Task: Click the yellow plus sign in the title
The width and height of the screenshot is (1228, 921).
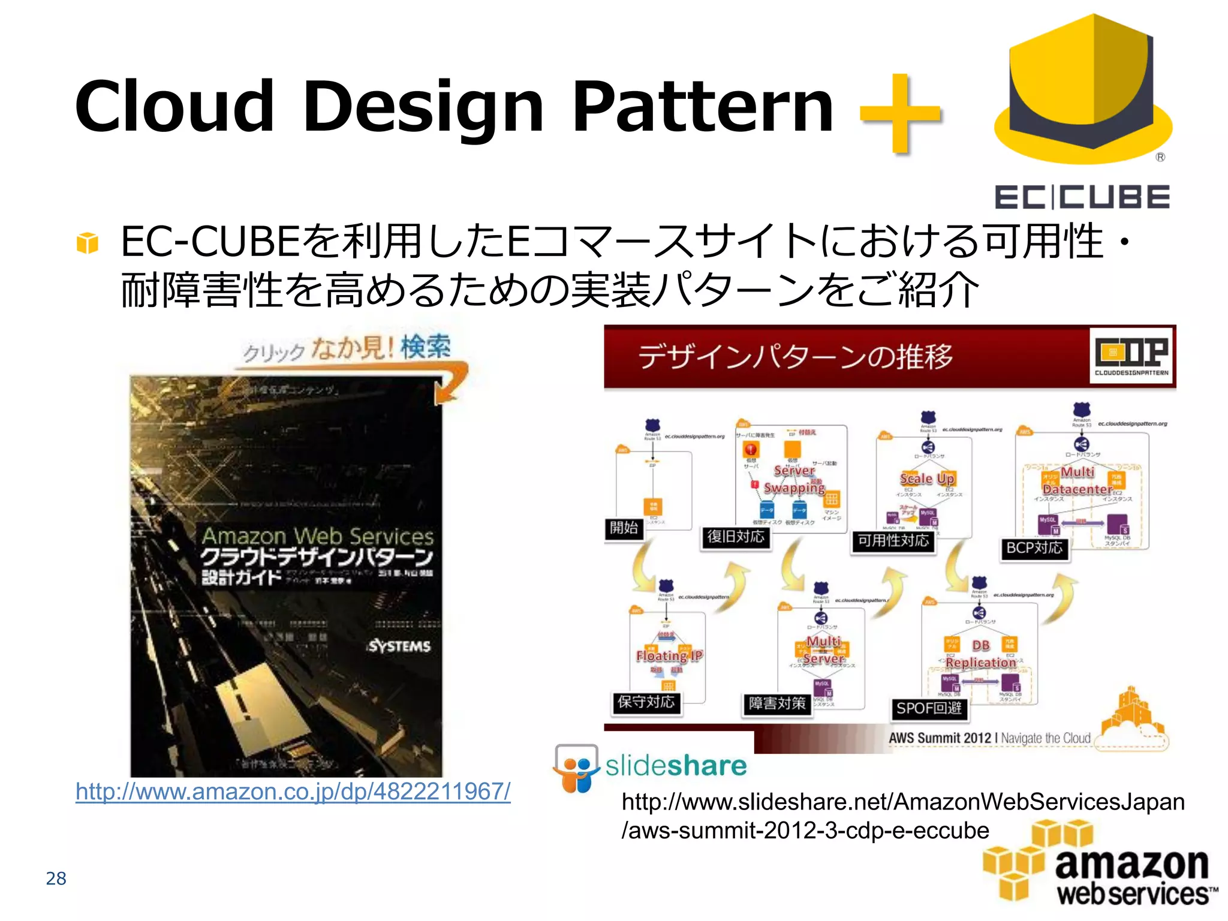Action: [x=901, y=113]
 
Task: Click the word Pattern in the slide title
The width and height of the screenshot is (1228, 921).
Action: [x=702, y=108]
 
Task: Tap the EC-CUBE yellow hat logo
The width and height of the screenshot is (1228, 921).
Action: [x=1083, y=90]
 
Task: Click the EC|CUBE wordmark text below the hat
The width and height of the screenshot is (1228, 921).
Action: [x=1082, y=197]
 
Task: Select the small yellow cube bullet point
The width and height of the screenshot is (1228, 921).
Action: [x=88, y=243]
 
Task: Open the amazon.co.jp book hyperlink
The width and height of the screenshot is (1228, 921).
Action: [x=293, y=791]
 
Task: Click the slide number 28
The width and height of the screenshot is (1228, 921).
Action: [x=56, y=878]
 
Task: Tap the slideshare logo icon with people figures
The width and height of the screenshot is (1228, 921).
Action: [x=576, y=769]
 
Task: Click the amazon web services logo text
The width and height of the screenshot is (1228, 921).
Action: [x=1131, y=878]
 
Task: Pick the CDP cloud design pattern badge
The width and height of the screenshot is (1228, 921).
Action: [x=1131, y=356]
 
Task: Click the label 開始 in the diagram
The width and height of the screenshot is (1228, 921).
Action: [x=624, y=528]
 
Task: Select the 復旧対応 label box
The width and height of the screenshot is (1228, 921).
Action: [x=736, y=537]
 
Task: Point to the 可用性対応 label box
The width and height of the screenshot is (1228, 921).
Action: [x=893, y=541]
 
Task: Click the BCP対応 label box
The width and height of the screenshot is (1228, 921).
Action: [x=1034, y=548]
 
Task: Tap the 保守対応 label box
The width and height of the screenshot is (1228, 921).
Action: [x=646, y=702]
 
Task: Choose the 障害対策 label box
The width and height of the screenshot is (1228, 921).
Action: [x=776, y=703]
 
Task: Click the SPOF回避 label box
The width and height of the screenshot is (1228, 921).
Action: [x=929, y=709]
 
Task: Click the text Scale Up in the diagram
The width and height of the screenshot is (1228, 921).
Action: [x=927, y=478]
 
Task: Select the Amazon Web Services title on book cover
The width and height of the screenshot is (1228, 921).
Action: [x=317, y=535]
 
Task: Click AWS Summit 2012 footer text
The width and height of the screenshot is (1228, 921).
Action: [x=940, y=738]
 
